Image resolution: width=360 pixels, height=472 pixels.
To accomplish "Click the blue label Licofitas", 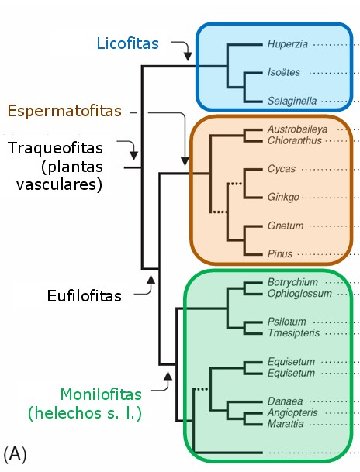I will (x=127, y=43).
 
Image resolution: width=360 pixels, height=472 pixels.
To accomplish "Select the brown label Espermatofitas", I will (x=65, y=112).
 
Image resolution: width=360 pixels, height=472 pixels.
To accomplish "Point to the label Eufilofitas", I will (x=84, y=295).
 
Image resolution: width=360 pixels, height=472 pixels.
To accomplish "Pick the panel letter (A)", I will (x=16, y=453).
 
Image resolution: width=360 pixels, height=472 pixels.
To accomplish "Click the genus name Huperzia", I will (x=288, y=44).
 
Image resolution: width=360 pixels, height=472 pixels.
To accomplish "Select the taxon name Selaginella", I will (x=292, y=102).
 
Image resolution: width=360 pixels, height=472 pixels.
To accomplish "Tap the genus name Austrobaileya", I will (x=297, y=128).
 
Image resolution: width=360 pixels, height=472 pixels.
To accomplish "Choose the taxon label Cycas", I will (x=281, y=169).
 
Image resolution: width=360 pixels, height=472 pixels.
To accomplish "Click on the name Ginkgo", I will (x=283, y=198).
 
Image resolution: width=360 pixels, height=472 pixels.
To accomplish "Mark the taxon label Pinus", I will (x=280, y=254).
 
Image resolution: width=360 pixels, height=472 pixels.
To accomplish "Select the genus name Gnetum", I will (x=285, y=226).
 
